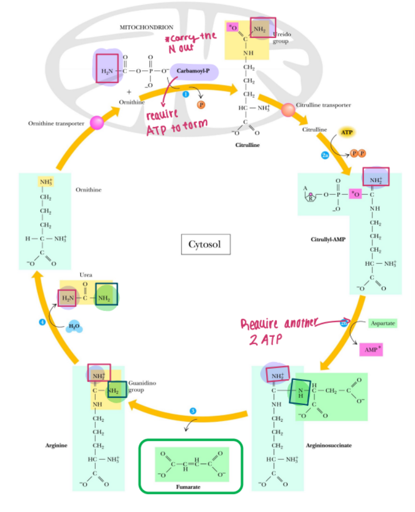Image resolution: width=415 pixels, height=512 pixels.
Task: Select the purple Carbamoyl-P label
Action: tap(194, 70)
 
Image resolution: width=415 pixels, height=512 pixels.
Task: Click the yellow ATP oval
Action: tap(346, 131)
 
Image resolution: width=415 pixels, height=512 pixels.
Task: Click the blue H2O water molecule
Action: tap(74, 327)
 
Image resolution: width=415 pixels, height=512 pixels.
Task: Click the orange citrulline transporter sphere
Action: tap(288, 110)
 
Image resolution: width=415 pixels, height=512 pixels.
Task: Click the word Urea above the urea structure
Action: tap(86, 275)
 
